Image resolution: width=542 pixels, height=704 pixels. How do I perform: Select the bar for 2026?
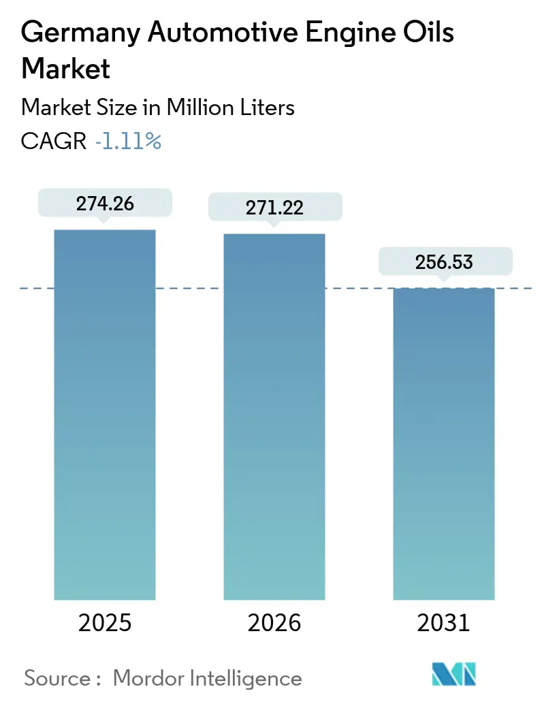pos(274,417)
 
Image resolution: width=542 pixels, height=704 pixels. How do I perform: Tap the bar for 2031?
pos(444,443)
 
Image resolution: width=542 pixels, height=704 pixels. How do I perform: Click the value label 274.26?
pos(105,203)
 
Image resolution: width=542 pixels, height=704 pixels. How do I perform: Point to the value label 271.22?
pos(274,207)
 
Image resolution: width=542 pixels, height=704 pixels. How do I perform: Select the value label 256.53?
pos(444,261)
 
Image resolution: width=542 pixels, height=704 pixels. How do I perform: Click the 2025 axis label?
pos(105,622)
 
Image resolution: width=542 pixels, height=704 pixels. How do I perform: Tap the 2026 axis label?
pos(274,622)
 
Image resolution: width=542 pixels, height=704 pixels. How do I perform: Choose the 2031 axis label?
pos(444,622)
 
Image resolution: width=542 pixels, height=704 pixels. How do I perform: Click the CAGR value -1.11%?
pos(128,142)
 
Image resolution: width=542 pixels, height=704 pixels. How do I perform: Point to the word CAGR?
pos(54,142)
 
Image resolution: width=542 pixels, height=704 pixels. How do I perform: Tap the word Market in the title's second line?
pos(66,69)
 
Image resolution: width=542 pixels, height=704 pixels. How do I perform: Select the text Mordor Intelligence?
pos(207,678)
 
